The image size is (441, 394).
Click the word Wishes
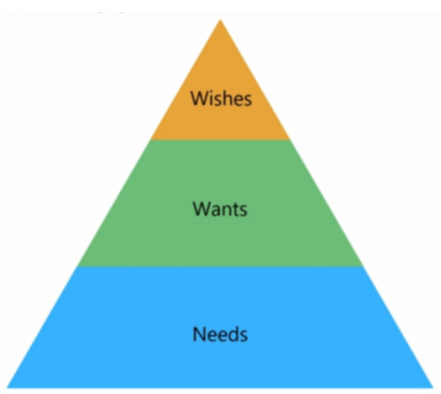point(221,98)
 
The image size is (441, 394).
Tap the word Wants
point(220,209)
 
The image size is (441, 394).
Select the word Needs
point(220,333)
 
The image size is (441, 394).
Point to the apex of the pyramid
point(220,20)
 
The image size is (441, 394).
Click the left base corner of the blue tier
point(8,388)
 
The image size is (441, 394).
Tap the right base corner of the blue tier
point(433,388)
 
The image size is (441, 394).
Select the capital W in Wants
point(202,209)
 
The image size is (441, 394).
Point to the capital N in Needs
point(198,333)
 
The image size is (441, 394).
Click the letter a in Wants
point(216,211)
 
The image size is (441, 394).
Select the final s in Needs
point(244,336)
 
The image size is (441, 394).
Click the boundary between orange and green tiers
point(220,139)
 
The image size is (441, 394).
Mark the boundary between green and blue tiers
point(220,267)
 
